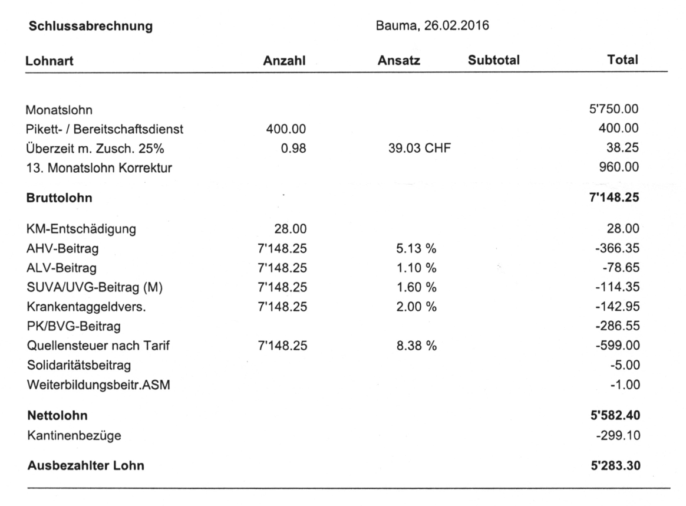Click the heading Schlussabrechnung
click(90, 26)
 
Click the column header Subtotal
click(493, 60)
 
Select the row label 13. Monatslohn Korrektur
click(99, 168)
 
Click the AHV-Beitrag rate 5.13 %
click(415, 248)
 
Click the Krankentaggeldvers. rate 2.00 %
click(415, 307)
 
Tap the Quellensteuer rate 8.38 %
click(415, 346)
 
